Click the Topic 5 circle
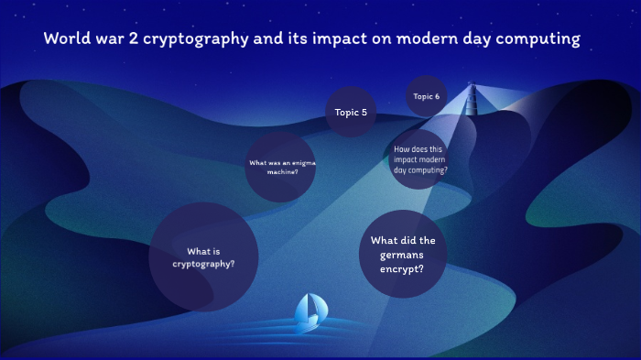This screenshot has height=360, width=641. coord(352,113)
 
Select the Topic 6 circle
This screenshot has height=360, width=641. coord(426,96)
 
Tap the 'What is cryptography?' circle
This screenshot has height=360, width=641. coord(203,257)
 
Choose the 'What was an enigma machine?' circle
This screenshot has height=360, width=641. coord(282,167)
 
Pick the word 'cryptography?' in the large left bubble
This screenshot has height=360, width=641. coord(203,264)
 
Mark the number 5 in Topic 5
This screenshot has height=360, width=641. coord(364,113)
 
